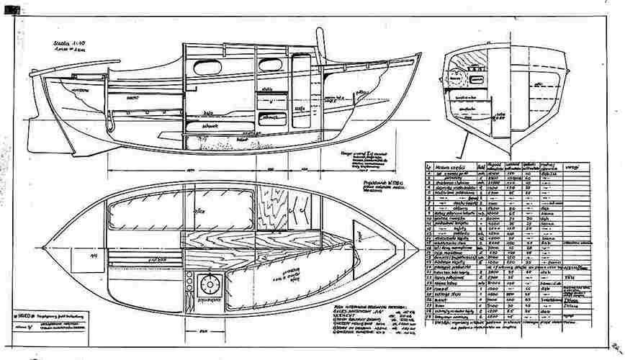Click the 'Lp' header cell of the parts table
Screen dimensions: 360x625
[430, 168]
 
